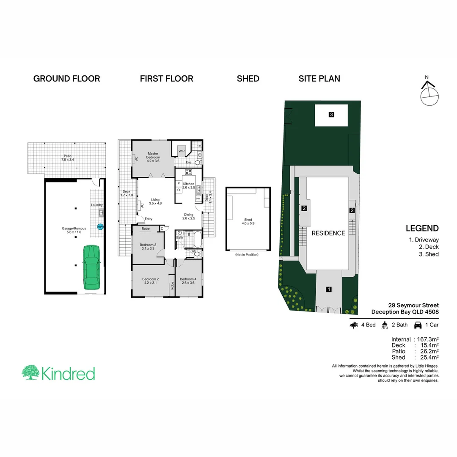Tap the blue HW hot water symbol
click(100, 227)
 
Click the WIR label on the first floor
click(182, 151)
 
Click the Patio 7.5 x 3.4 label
click(67, 157)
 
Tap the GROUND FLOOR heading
click(66, 79)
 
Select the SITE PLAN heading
click(319, 79)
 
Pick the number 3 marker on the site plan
click(331, 114)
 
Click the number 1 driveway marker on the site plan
click(328, 289)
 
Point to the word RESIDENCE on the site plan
click(328, 233)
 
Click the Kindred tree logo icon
click(31, 373)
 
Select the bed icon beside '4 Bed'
click(354, 325)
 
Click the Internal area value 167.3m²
click(426, 339)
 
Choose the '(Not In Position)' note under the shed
click(248, 255)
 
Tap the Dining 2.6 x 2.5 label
click(189, 216)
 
